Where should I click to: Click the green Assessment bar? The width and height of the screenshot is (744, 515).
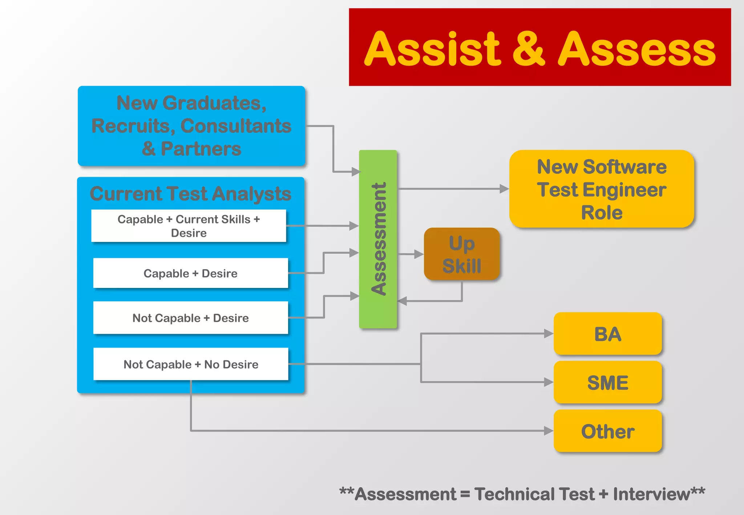(378, 239)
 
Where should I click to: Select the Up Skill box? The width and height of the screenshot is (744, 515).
(462, 254)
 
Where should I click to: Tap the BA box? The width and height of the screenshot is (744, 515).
(608, 333)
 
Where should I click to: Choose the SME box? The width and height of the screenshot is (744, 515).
(608, 382)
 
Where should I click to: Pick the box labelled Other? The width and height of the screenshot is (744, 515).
(608, 431)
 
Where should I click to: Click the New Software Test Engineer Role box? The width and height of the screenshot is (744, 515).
(602, 189)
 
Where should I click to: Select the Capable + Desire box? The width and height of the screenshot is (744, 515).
(190, 273)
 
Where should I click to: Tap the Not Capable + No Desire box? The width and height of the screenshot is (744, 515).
(191, 364)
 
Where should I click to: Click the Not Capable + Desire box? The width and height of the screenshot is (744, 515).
(190, 318)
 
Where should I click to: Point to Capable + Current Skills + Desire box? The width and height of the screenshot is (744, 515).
(189, 226)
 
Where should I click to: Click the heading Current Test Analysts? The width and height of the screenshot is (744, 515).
(190, 193)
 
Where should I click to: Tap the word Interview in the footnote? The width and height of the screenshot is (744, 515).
(651, 494)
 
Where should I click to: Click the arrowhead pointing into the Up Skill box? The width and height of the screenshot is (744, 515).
(419, 254)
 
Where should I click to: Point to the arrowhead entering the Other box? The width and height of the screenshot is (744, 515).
(549, 431)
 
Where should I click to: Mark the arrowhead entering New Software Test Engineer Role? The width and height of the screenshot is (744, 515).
(504, 189)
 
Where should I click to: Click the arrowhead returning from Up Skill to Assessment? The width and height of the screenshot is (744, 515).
(402, 301)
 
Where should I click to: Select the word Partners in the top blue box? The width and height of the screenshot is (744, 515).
(201, 149)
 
